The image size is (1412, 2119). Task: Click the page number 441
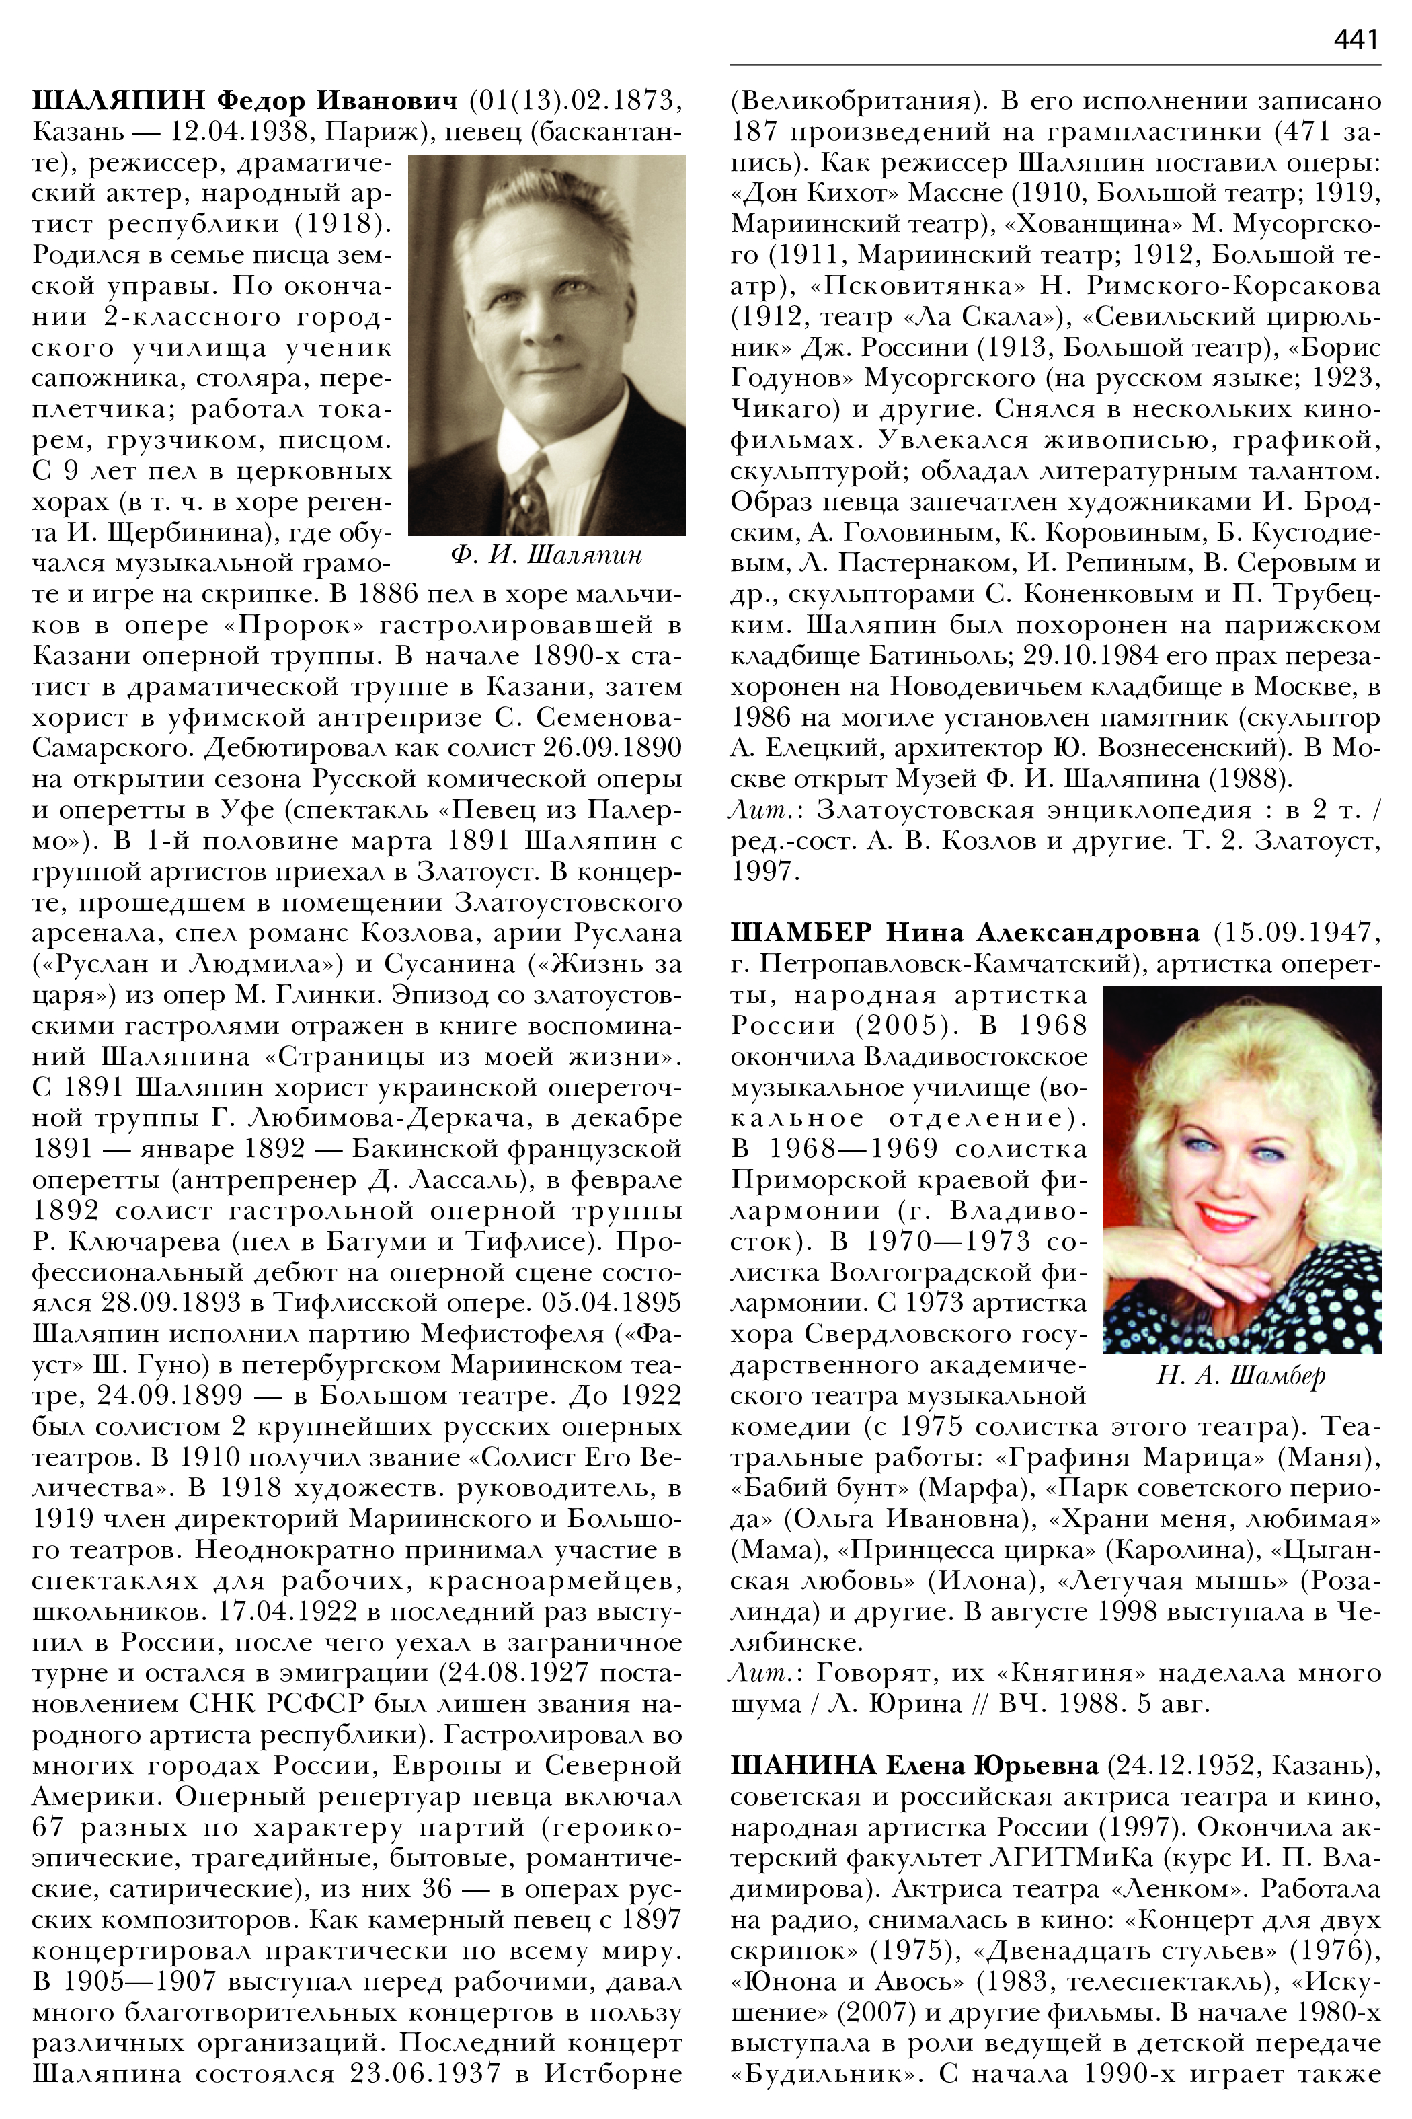[x=1356, y=40]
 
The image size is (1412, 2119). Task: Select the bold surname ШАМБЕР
[x=801, y=932]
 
